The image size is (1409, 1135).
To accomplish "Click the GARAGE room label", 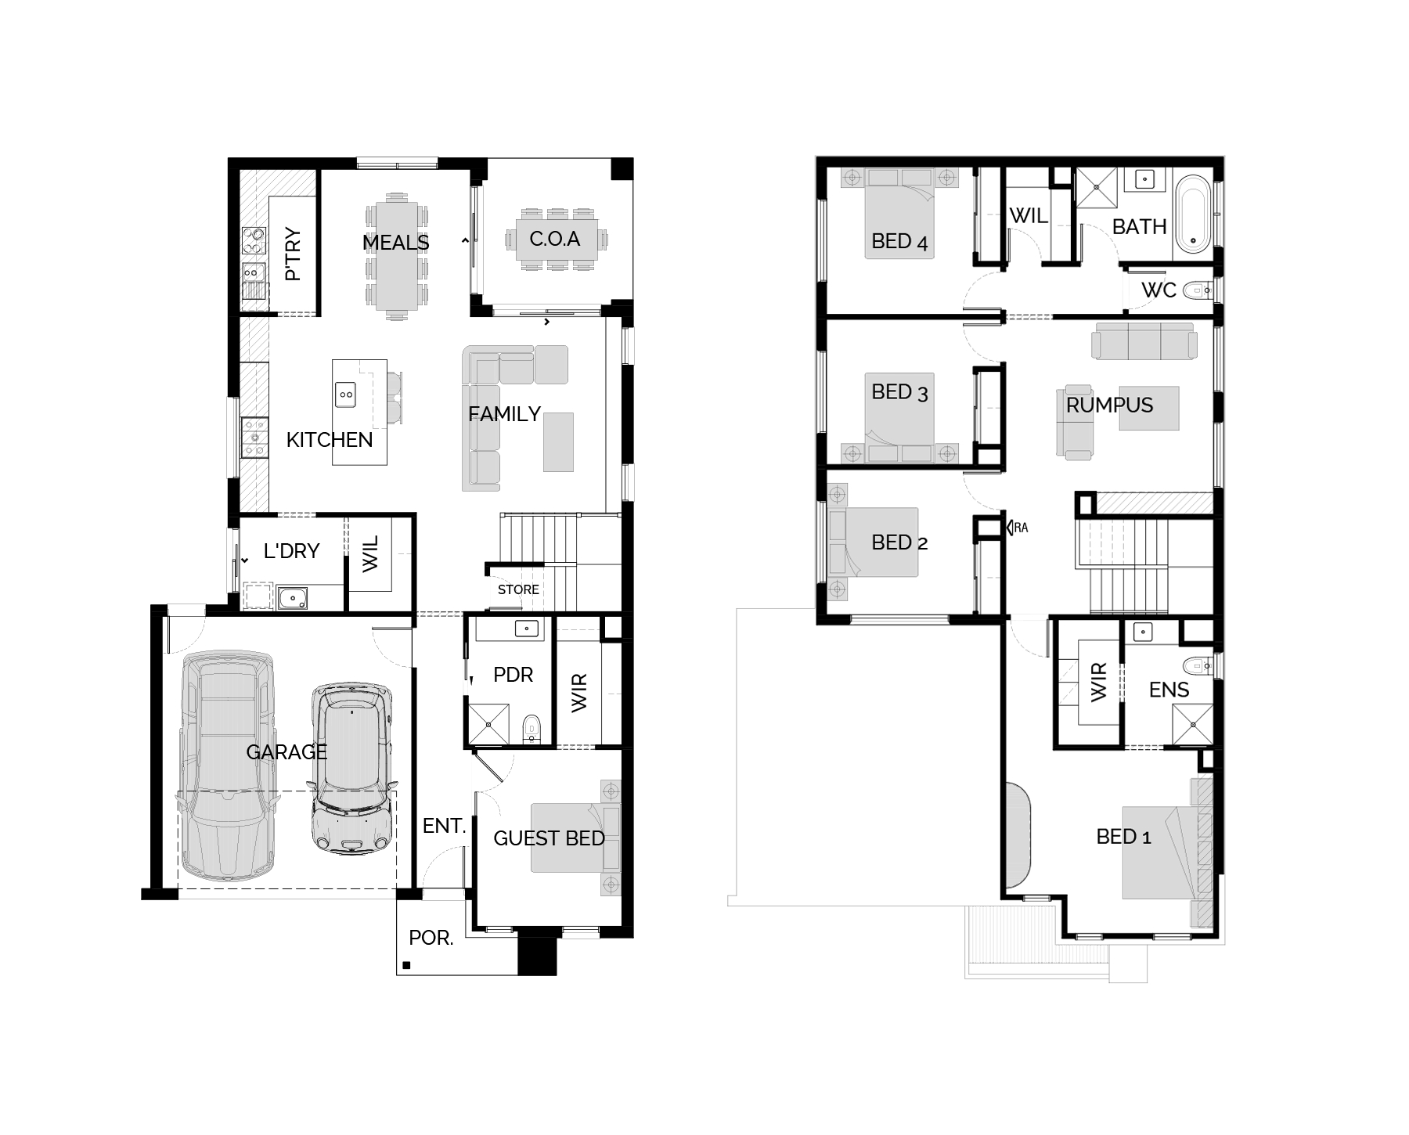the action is pyautogui.click(x=286, y=752).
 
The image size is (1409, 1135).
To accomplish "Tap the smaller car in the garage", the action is pyautogui.click(x=352, y=768).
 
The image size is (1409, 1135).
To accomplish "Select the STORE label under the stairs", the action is pyautogui.click(x=518, y=589).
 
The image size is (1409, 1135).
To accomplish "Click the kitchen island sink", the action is pyautogui.click(x=345, y=395).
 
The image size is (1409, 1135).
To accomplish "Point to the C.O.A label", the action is pyautogui.click(x=554, y=239).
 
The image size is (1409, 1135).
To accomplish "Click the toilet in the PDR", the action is pyautogui.click(x=532, y=729).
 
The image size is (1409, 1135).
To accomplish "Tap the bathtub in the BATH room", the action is pyautogui.click(x=1194, y=214).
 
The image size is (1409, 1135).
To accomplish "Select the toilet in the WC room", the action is pyautogui.click(x=1198, y=291).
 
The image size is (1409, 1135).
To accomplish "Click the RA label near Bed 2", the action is pyautogui.click(x=1021, y=528).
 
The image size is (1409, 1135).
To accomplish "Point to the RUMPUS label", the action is pyautogui.click(x=1109, y=405).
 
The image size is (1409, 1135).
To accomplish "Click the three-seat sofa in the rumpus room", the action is pyautogui.click(x=1144, y=341).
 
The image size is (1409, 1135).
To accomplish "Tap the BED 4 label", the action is pyautogui.click(x=899, y=242).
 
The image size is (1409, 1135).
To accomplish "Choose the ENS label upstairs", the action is pyautogui.click(x=1169, y=690).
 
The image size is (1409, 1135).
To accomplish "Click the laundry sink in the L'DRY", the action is pyautogui.click(x=293, y=599).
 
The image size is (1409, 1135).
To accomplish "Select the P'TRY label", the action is pyautogui.click(x=293, y=254).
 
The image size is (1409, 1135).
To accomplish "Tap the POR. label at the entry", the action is pyautogui.click(x=431, y=938).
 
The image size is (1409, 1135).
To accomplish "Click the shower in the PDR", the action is pyautogui.click(x=488, y=724).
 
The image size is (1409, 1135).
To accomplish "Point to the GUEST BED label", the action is pyautogui.click(x=549, y=838).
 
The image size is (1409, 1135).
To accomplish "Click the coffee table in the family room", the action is pyautogui.click(x=558, y=442).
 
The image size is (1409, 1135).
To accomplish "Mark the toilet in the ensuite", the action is pyautogui.click(x=1198, y=667).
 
